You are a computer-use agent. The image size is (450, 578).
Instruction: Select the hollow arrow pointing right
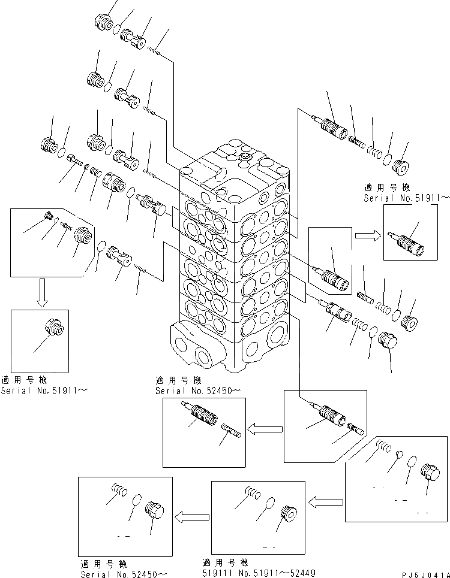pyautogui.click(x=365, y=235)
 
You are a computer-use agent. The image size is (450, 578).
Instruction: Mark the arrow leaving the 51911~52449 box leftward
pyautogui.click(x=191, y=515)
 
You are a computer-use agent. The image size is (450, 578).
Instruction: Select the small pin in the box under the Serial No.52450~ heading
pyautogui.click(x=231, y=431)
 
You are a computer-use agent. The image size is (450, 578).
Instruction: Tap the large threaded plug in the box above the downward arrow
pyautogui.click(x=84, y=238)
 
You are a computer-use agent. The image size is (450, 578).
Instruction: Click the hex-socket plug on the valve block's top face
pyautogui.click(x=244, y=158)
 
